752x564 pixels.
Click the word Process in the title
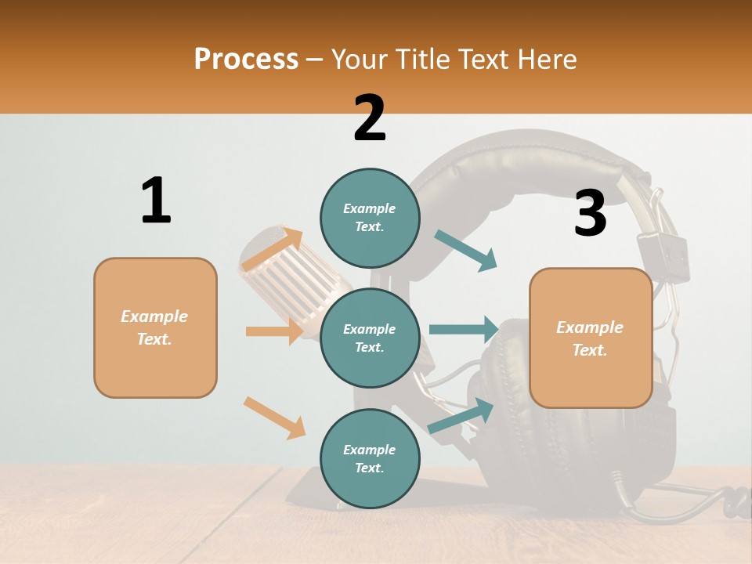(246, 59)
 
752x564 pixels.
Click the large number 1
(156, 201)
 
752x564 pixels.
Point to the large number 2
(370, 118)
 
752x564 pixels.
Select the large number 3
(590, 214)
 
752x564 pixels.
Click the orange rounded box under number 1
(155, 327)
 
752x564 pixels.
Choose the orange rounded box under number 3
(591, 338)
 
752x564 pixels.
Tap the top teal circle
(370, 217)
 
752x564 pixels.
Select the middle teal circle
(370, 338)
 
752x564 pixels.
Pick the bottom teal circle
(370, 458)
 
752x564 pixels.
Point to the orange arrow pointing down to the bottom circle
(274, 418)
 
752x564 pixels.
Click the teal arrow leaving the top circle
(466, 251)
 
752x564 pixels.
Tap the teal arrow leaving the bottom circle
(461, 416)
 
